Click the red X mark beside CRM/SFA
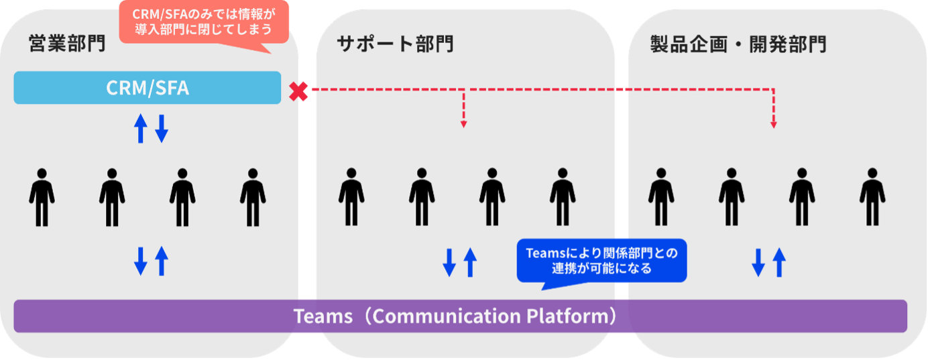[298, 92]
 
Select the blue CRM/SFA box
[147, 88]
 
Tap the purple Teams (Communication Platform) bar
[460, 316]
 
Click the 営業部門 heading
[67, 44]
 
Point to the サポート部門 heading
[395, 44]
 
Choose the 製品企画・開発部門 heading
[738, 44]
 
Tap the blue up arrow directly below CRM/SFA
[140, 128]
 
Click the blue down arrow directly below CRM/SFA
[161, 128]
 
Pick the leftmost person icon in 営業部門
[42, 197]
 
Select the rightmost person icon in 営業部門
[253, 197]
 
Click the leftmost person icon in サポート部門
[351, 197]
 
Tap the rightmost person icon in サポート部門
[563, 197]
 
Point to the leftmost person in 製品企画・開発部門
[661, 197]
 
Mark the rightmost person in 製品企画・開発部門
[872, 197]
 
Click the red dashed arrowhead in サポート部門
[463, 123]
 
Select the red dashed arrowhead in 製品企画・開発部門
[774, 123]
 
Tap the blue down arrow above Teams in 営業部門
[140, 261]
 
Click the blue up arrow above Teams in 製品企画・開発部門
[778, 261]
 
